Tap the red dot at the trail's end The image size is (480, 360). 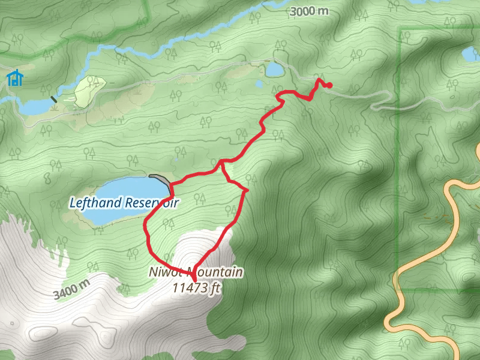click(329, 85)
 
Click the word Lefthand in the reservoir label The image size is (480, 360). click(95, 202)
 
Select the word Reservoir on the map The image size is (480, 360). click(151, 202)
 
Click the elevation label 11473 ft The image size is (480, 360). click(197, 287)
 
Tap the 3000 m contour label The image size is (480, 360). click(310, 11)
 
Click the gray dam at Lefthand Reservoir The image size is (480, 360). click(160, 179)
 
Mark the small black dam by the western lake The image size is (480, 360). click(55, 99)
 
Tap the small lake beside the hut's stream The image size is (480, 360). click(33, 107)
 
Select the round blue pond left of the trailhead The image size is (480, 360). click(275, 70)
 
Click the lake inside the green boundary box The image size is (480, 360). click(471, 55)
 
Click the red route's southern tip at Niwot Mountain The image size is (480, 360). click(194, 280)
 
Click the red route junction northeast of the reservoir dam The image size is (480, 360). click(221, 162)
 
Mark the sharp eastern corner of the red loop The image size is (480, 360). click(246, 191)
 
